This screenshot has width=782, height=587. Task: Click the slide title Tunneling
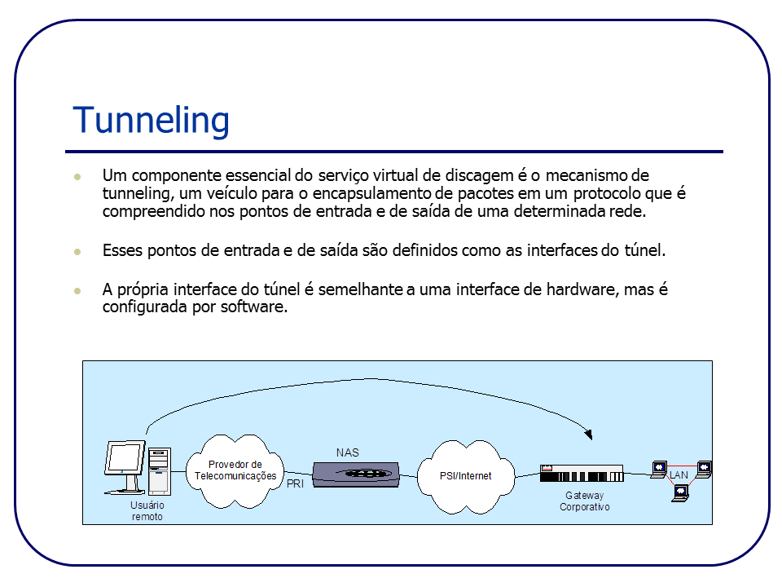pyautogui.click(x=151, y=120)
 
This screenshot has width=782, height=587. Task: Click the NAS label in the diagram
pyautogui.click(x=347, y=452)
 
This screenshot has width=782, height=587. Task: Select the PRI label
pyautogui.click(x=295, y=484)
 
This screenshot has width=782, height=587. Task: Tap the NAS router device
pyautogui.click(x=356, y=474)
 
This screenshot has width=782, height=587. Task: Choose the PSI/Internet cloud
pyautogui.click(x=465, y=476)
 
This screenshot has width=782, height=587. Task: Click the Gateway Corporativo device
pyautogui.click(x=581, y=474)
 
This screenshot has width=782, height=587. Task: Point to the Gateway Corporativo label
pyautogui.click(x=584, y=501)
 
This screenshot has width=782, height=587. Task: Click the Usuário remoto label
pyautogui.click(x=147, y=511)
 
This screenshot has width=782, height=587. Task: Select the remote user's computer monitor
pyautogui.click(x=124, y=460)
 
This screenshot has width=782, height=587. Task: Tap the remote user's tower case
pyautogui.click(x=159, y=471)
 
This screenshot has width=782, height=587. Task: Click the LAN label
pyautogui.click(x=679, y=474)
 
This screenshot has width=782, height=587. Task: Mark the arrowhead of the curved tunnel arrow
pyautogui.click(x=587, y=434)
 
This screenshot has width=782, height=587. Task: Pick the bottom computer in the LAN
pyautogui.click(x=679, y=492)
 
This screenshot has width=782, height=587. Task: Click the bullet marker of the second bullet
pyautogui.click(x=77, y=251)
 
